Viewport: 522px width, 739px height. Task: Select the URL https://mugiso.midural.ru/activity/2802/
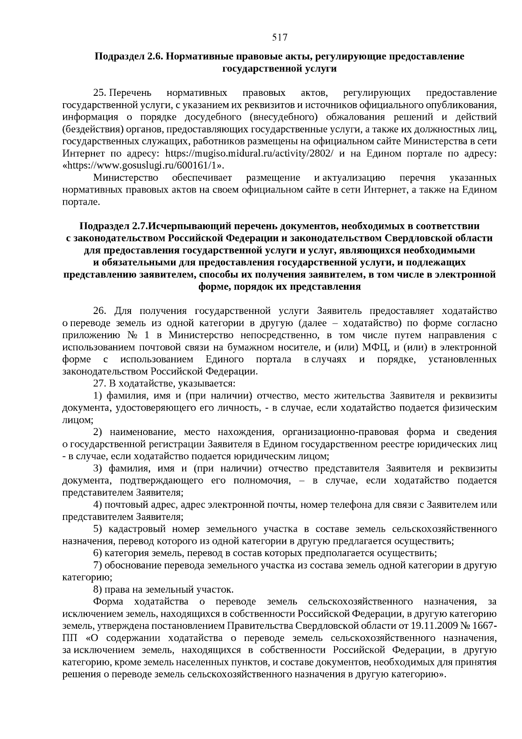[x=250, y=154]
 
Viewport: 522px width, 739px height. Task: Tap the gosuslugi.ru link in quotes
[x=145, y=166]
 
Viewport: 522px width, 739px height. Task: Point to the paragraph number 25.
[x=100, y=93]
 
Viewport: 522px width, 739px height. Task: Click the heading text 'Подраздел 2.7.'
[x=114, y=226]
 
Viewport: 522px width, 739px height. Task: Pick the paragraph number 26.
[x=100, y=311]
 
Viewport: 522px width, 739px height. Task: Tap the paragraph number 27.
[x=100, y=384]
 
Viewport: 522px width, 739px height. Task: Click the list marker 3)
[x=97, y=469]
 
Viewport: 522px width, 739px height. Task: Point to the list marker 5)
[x=97, y=529]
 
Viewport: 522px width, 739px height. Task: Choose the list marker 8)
[x=97, y=590]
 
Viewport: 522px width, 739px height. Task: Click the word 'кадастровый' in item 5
[x=137, y=529]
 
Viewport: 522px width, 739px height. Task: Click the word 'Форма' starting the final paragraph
[x=108, y=602]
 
